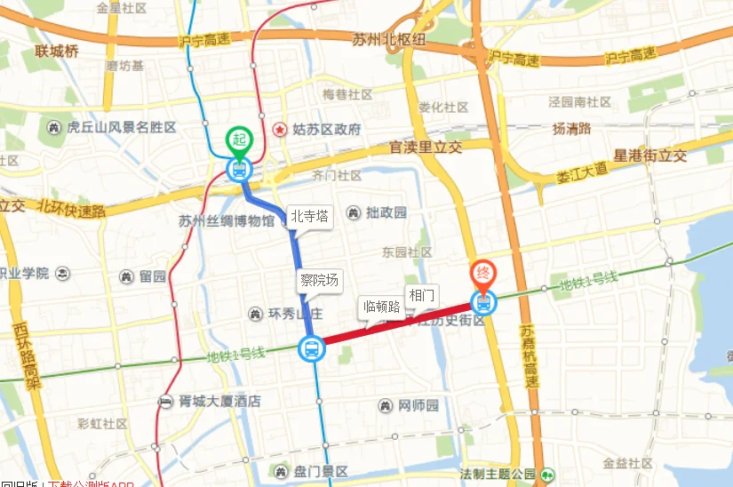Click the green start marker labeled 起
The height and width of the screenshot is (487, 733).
pyautogui.click(x=238, y=140)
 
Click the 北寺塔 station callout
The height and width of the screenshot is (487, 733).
pyautogui.click(x=310, y=216)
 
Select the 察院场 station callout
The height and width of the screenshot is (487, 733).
pyautogui.click(x=319, y=281)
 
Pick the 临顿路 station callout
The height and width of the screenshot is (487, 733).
pyautogui.click(x=382, y=307)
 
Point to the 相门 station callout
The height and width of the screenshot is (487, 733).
pyautogui.click(x=422, y=294)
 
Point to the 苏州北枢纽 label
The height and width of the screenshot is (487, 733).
pyautogui.click(x=388, y=39)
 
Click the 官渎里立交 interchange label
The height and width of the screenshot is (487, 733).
pyautogui.click(x=426, y=148)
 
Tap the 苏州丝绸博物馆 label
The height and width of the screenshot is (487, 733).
pyautogui.click(x=225, y=221)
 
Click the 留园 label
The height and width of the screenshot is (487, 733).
pyautogui.click(x=152, y=275)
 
